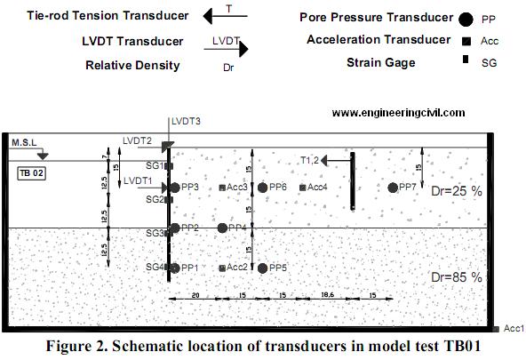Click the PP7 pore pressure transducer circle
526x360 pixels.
(x=393, y=188)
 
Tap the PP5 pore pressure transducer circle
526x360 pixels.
(x=263, y=268)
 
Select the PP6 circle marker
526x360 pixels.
(x=263, y=188)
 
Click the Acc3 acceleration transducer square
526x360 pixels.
(x=222, y=188)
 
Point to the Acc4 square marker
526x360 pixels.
(x=303, y=188)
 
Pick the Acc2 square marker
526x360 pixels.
(x=222, y=268)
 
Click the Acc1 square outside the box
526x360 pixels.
(x=497, y=329)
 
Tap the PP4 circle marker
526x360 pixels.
(x=222, y=228)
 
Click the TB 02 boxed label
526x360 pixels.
(x=31, y=173)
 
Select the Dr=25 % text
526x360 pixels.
(x=457, y=191)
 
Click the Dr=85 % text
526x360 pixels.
(x=457, y=277)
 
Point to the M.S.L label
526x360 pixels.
(x=24, y=142)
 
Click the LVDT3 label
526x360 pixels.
(x=186, y=121)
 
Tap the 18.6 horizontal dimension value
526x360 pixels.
(x=327, y=294)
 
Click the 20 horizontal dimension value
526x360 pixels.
(x=195, y=295)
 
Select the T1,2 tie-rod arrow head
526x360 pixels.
(x=324, y=160)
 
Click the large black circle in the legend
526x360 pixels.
(x=466, y=20)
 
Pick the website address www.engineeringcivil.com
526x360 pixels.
(x=399, y=113)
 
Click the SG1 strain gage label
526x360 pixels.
(x=155, y=165)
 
